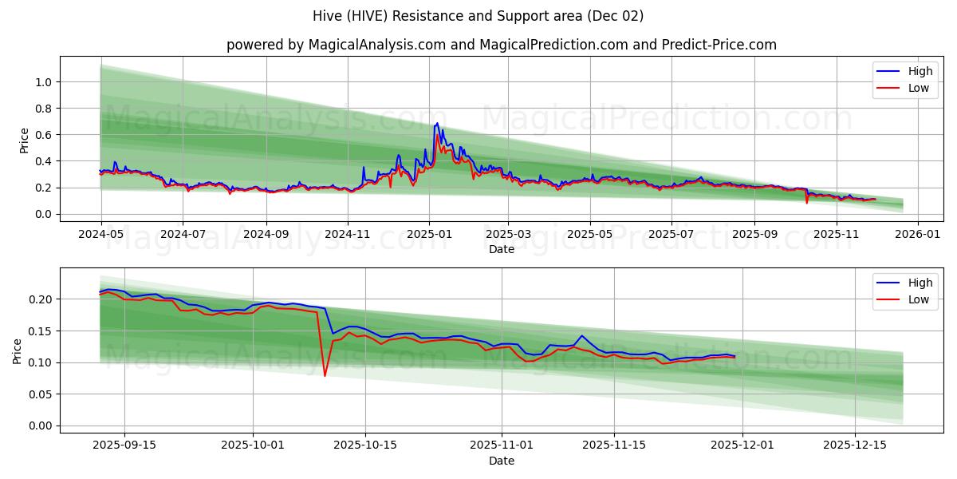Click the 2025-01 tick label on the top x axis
click(x=429, y=234)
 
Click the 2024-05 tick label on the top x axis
click(x=101, y=234)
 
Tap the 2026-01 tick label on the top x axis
click(x=918, y=234)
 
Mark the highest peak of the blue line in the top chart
click(x=436, y=123)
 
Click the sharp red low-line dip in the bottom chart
click(x=325, y=375)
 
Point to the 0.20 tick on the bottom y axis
click(x=39, y=299)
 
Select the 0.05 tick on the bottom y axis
click(x=39, y=394)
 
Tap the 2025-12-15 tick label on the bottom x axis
click(x=854, y=445)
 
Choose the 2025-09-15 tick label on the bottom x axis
click(x=124, y=445)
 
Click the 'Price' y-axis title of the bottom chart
click(x=18, y=350)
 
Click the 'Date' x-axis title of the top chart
click(x=501, y=249)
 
